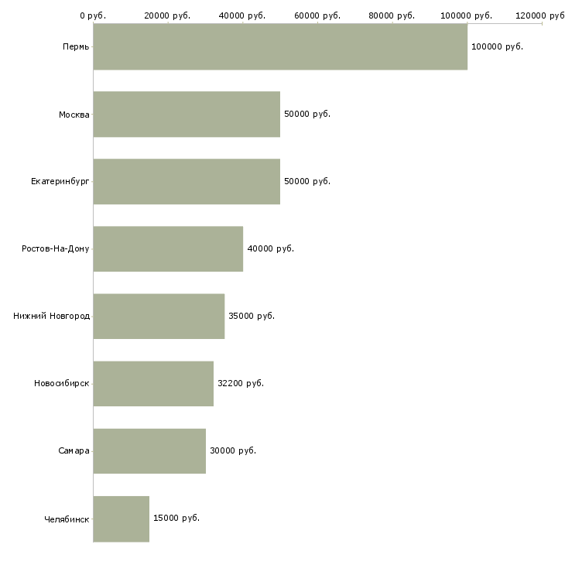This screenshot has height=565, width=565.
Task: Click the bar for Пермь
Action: (x=280, y=46)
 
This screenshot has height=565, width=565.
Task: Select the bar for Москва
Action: (x=187, y=114)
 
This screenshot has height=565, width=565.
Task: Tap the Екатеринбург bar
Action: (x=187, y=181)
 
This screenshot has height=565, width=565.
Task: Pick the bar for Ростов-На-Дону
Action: (x=168, y=248)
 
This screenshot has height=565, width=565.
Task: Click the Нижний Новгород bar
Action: (x=159, y=316)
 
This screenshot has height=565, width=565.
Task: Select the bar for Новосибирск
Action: (x=153, y=383)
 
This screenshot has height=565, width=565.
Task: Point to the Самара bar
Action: (x=149, y=450)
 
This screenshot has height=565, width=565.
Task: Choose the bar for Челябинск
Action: (x=122, y=519)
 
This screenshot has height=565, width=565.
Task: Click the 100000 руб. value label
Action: (x=497, y=46)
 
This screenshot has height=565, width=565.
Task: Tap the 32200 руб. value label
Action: (x=240, y=383)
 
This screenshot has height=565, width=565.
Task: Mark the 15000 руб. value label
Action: (x=176, y=518)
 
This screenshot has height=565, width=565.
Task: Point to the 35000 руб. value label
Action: (x=251, y=316)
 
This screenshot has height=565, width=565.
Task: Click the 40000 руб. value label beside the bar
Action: (x=270, y=248)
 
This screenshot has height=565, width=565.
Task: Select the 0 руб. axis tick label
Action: (x=93, y=15)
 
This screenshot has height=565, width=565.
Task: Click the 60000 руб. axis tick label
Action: (x=317, y=15)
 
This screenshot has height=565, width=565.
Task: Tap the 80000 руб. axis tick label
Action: (x=392, y=15)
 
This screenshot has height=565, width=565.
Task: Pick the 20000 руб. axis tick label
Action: (x=168, y=15)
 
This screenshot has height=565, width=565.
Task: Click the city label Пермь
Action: (x=76, y=47)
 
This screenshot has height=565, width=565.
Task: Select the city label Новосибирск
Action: (x=61, y=384)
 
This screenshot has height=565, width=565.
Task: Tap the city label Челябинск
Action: (x=67, y=519)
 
